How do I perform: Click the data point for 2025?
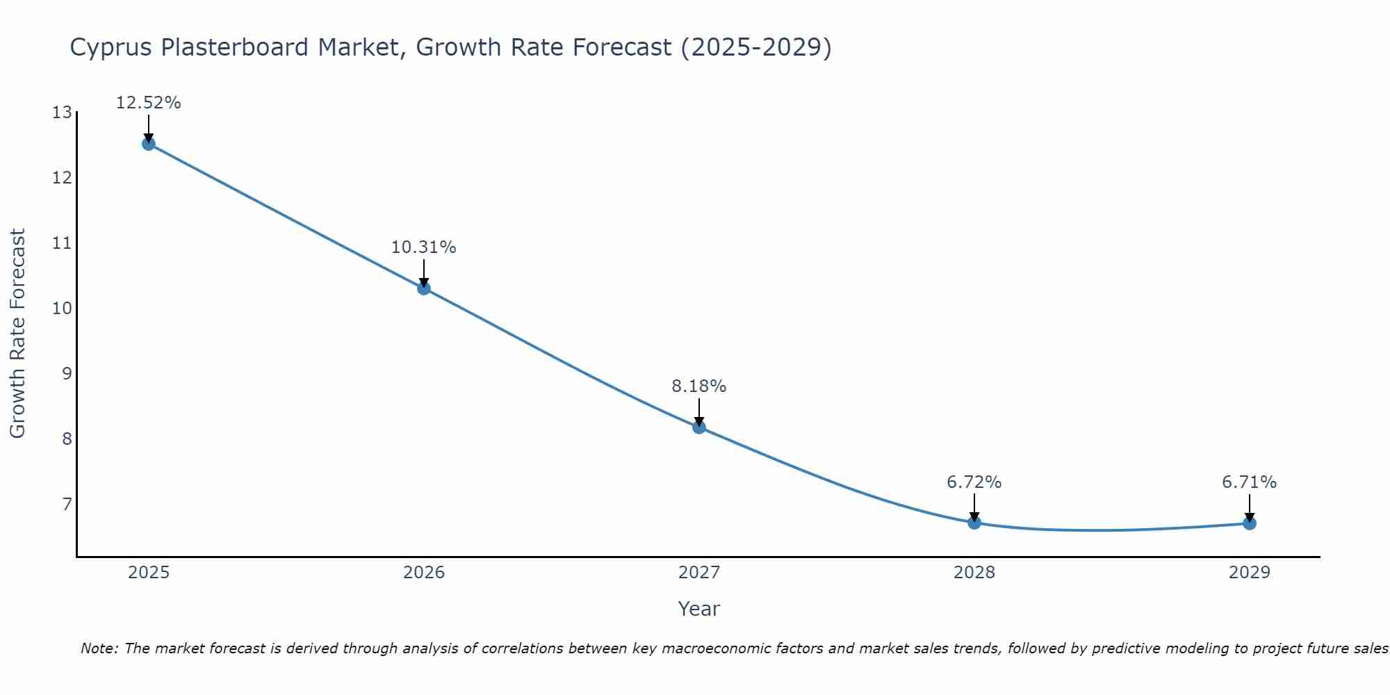click(148, 144)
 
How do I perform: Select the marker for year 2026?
click(424, 288)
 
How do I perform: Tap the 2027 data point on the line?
click(699, 427)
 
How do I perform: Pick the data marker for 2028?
click(974, 523)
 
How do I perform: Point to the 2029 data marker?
click(1250, 523)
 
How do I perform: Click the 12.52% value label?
click(148, 103)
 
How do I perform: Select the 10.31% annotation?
click(423, 247)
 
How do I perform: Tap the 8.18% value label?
click(698, 386)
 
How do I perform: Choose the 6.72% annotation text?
click(974, 482)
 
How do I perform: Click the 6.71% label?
click(1249, 482)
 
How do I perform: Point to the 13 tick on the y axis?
click(62, 113)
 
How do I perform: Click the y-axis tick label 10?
click(62, 309)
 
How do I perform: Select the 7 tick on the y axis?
click(67, 504)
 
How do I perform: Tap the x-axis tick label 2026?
click(424, 573)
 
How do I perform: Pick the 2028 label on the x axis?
click(974, 573)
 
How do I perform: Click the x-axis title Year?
click(698, 609)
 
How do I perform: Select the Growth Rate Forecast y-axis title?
click(18, 334)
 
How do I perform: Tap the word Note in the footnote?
click(100, 648)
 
